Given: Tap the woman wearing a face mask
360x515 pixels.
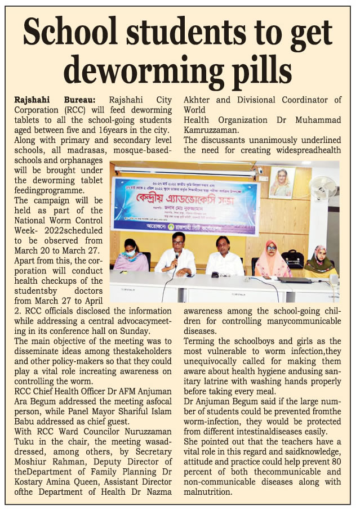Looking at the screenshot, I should tap(131, 256).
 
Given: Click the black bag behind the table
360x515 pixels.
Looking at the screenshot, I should tap(293, 259).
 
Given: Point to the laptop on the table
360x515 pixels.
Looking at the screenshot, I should tap(295, 279).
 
